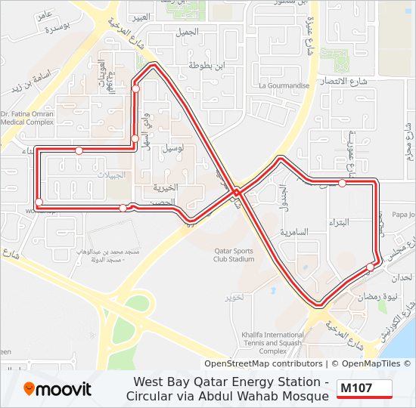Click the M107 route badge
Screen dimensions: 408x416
364,388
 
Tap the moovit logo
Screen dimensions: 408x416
58,389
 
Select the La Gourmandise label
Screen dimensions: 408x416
284,86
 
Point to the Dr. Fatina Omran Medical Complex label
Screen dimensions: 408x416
27,117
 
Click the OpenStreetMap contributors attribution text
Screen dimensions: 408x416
253,363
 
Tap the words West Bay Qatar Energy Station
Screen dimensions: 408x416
231,382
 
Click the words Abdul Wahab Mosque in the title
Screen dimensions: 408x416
267,396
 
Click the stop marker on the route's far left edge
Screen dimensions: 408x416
39,202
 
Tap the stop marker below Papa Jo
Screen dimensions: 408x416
370,267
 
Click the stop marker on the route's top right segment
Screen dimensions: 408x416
342,183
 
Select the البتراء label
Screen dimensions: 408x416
338,223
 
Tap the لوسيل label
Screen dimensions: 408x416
172,148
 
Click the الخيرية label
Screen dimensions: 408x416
165,187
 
